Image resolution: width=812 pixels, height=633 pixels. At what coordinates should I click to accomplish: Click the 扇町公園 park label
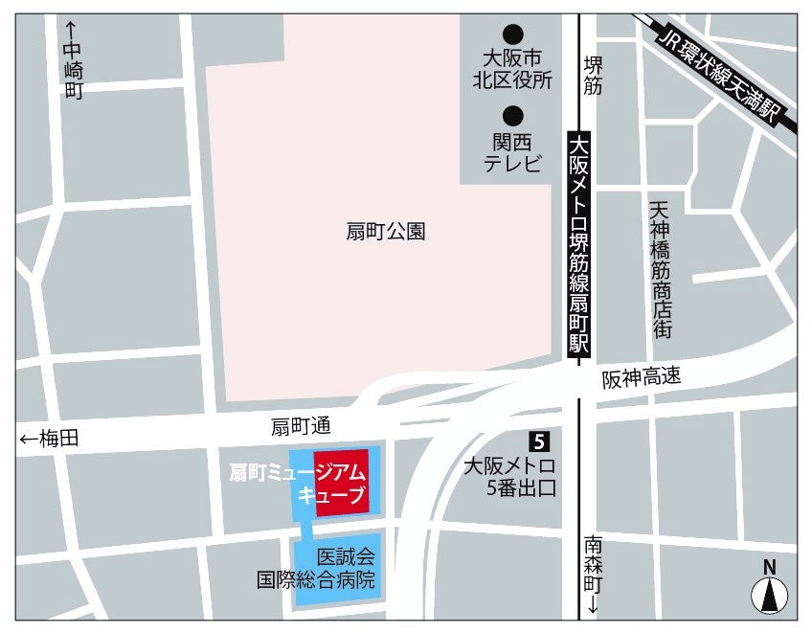click(x=385, y=231)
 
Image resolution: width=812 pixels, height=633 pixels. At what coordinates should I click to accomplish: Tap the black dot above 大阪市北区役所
click(x=513, y=33)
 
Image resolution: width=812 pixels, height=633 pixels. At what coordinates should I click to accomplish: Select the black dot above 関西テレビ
click(x=513, y=116)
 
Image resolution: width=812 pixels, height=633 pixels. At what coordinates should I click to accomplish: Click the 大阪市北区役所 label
click(x=513, y=70)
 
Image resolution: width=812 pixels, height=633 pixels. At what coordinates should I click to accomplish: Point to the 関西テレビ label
click(x=513, y=152)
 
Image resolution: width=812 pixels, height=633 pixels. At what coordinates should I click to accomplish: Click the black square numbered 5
click(x=539, y=441)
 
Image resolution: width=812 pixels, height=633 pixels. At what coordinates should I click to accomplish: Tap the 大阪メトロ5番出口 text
click(x=509, y=478)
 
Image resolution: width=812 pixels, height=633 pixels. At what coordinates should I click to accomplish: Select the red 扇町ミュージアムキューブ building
click(x=342, y=482)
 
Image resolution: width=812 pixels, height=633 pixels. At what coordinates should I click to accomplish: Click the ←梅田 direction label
click(x=49, y=440)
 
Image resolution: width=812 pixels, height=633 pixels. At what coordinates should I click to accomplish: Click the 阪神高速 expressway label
click(x=642, y=377)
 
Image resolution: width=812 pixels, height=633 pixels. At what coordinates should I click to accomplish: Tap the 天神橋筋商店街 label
click(x=660, y=269)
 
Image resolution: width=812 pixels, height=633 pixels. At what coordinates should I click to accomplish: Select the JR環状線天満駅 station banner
click(x=722, y=72)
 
